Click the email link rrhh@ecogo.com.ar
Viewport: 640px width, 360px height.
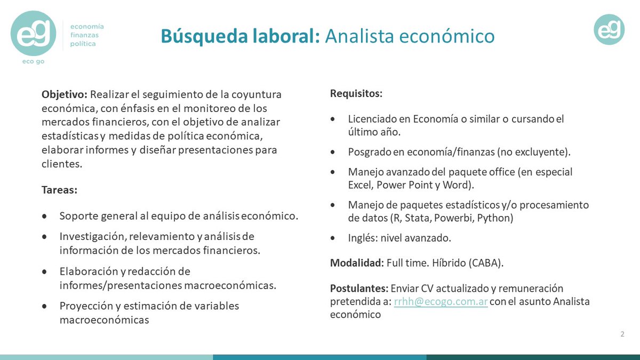441,302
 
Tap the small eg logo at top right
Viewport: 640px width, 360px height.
609,30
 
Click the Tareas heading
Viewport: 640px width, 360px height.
58,190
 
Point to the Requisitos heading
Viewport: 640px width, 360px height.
356,94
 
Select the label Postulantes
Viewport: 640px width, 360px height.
359,289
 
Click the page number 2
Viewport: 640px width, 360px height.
622,334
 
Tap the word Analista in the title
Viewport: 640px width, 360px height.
359,36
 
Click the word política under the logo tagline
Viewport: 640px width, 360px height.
83,44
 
